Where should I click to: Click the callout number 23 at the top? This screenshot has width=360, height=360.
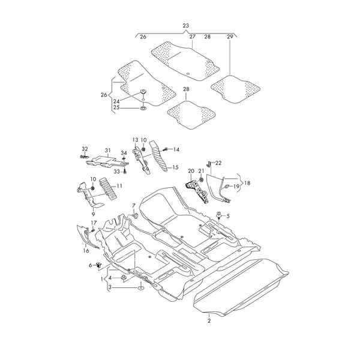pos(186,26)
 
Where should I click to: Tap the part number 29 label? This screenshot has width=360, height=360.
pos(230,37)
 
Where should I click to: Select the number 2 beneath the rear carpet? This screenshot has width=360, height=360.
pos(209,321)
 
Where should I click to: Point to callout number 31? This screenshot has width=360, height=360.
pos(107,151)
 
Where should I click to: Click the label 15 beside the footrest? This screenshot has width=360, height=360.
pos(175,167)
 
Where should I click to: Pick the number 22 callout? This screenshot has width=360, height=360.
pos(218,163)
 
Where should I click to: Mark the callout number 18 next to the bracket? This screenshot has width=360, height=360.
pos(247,183)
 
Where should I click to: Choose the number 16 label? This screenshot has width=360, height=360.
pos(86,250)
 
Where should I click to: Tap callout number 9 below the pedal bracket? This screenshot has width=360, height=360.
pos(93,214)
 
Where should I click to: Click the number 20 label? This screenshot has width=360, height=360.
pos(191,171)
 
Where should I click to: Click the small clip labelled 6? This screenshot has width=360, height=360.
pos(99,265)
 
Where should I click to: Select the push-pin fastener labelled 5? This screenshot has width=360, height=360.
pos(219,215)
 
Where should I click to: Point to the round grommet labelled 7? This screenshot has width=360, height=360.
pos(135,215)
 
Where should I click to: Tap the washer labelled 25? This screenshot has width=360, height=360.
pos(143,107)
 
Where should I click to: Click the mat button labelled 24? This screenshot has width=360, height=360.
pos(143,91)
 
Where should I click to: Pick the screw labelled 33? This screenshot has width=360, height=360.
pos(124,171)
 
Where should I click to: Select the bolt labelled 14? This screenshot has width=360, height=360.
pos(164,149)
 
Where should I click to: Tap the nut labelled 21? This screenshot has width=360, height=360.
pos(201,179)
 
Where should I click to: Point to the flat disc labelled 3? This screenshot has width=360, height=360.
pos(140,287)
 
